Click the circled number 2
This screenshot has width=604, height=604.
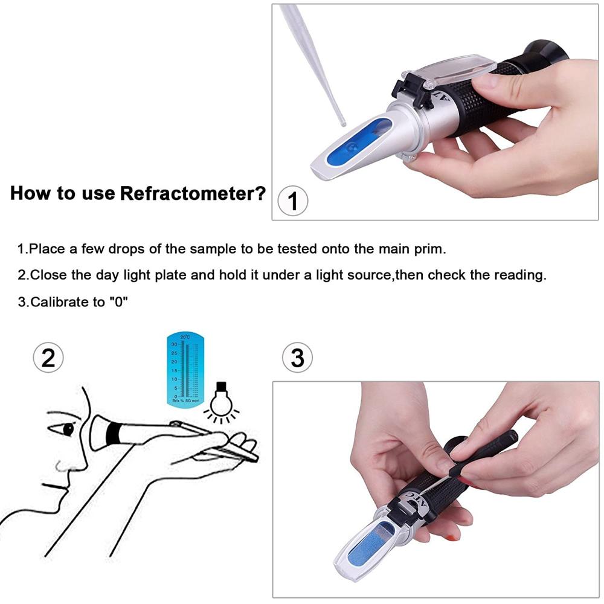[x=48, y=358]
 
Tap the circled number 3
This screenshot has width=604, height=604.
[x=298, y=358]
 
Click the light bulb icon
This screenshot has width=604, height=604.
[x=220, y=401]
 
